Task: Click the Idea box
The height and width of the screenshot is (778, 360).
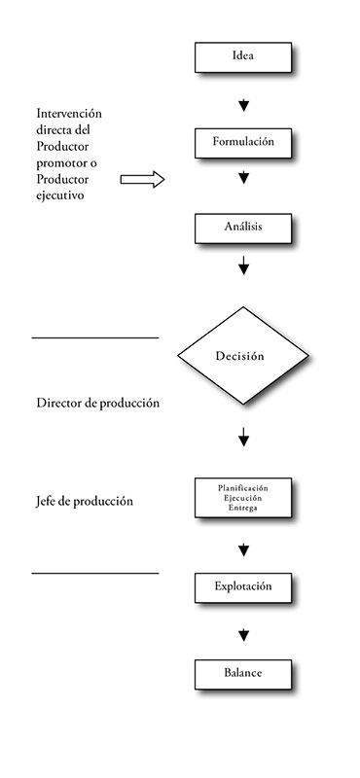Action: coord(243,56)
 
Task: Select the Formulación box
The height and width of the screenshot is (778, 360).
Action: coord(243,142)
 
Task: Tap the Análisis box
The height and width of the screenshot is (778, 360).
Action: coord(243,228)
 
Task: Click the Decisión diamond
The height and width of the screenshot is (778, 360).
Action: coord(239,356)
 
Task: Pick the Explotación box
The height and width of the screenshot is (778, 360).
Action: coord(243,587)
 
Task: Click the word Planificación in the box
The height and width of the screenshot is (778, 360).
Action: coord(243,486)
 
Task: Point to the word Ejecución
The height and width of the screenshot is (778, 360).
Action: coord(243,497)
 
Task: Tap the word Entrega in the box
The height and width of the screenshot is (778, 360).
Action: coord(243,508)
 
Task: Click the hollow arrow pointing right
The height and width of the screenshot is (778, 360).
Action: coord(143,180)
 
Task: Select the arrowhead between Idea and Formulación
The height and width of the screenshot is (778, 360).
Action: coord(244,105)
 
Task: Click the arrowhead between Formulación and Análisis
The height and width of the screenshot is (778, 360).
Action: coord(244,178)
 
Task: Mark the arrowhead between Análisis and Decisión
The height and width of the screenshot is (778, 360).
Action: coord(244,265)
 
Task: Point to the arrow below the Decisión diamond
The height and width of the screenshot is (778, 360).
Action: coord(244,440)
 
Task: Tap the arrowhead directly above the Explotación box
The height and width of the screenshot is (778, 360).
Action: coord(244,551)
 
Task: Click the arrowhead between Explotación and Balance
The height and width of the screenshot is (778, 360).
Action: coord(244,636)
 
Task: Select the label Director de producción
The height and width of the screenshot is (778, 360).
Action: coord(97,403)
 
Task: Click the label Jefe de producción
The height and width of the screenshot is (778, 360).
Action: coord(85,502)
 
